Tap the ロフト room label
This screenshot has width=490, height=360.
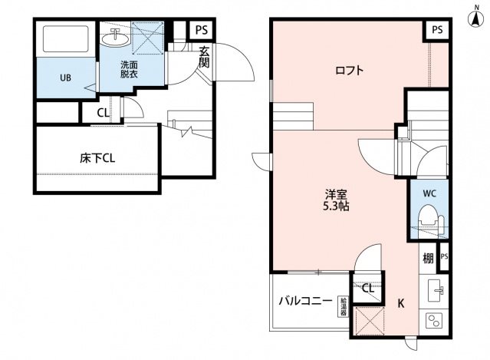point(348,71)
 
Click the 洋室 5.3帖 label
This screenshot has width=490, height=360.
point(334,200)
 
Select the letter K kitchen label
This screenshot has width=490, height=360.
point(400,303)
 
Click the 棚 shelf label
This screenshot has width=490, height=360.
point(427,259)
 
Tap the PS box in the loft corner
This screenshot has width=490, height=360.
point(436,30)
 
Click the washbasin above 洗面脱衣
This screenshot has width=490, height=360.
point(116,37)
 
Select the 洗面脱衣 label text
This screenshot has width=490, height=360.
point(129,71)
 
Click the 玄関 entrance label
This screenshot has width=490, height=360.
point(204,57)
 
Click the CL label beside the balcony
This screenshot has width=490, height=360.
point(368,289)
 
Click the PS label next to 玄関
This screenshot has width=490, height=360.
point(201,30)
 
